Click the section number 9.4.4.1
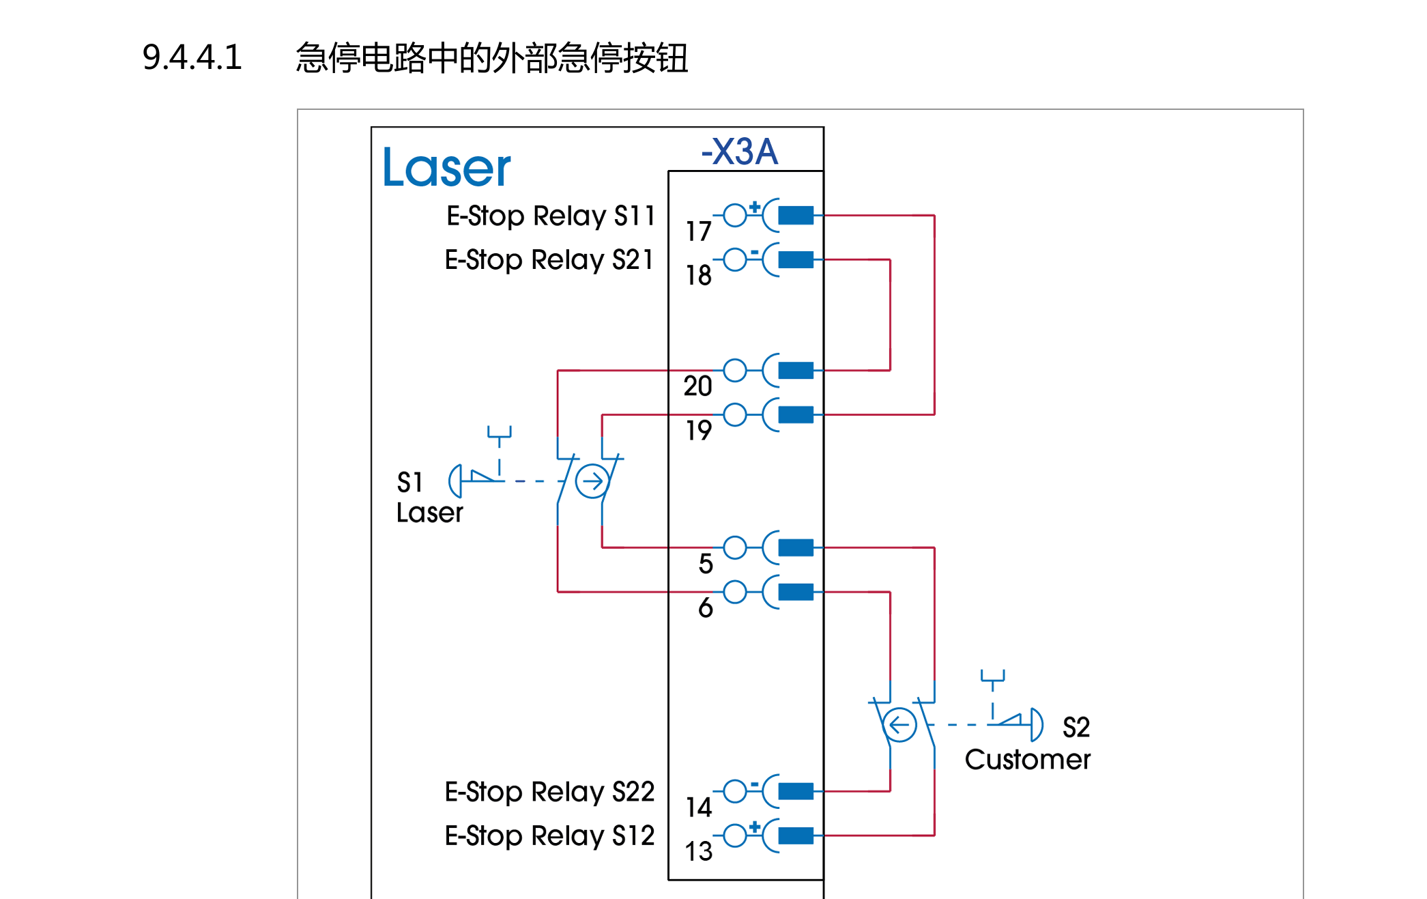coord(192,57)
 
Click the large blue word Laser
coord(446,168)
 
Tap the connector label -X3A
coord(739,152)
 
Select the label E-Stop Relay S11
coord(550,216)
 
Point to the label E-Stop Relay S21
coord(549,260)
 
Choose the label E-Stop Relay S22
coord(549,792)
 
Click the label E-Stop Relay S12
coord(549,836)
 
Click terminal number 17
coord(699,232)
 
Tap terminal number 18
coord(699,276)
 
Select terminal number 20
coord(698,386)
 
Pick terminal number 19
coord(699,431)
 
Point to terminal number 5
coord(706,564)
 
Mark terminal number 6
coord(706,608)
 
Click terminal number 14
coord(699,808)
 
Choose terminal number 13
coord(699,851)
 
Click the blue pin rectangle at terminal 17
coord(796,216)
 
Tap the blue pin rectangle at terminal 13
coord(796,836)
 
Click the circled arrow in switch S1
coord(592,481)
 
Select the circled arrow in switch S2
coord(899,725)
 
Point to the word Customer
coord(1027,760)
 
